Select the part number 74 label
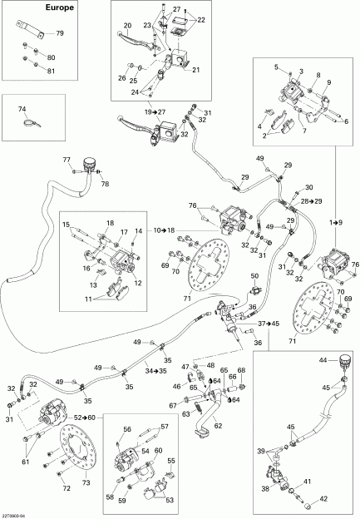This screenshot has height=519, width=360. (22, 109)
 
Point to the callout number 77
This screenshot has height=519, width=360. (67, 159)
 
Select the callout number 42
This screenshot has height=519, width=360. (325, 499)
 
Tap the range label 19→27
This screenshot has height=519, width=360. (155, 111)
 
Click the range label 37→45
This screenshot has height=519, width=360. (269, 324)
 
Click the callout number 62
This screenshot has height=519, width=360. (217, 426)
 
